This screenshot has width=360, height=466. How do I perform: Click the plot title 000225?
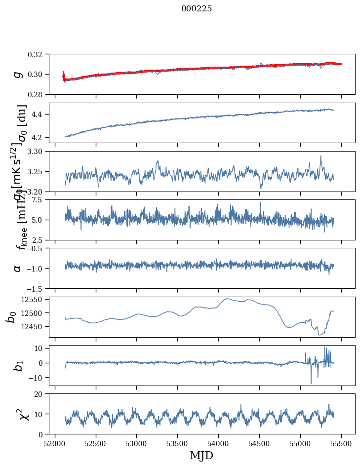pos(197,9)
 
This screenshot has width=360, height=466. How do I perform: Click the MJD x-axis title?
pos(201,456)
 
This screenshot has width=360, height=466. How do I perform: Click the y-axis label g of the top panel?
pos(18,74)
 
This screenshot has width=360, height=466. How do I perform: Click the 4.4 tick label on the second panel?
pos(40,115)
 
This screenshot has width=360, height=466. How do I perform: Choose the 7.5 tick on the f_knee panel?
pos(40,200)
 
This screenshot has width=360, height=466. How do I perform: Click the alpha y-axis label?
pos(18,268)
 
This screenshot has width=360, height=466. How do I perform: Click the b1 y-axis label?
pos(18,365)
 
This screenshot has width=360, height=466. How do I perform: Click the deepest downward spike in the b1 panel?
pos(311,383)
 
